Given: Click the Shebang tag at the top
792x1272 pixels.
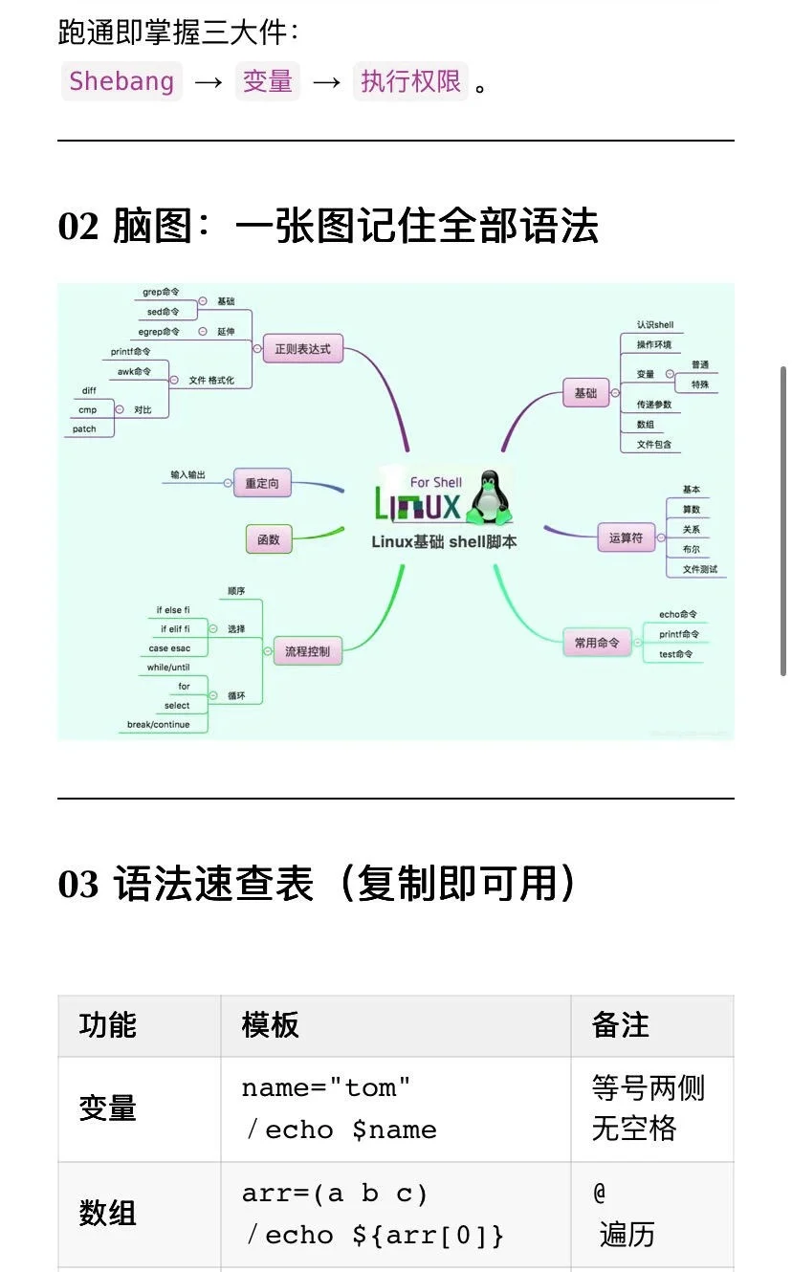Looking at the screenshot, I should click(x=121, y=81).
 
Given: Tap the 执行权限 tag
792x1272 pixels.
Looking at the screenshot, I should click(x=411, y=81).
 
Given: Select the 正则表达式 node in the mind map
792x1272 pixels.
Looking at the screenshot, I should click(x=302, y=349).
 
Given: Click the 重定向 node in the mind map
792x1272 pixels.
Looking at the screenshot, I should click(x=262, y=483).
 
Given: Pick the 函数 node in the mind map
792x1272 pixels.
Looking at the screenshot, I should click(x=269, y=539).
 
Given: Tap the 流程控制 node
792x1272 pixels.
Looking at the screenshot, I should click(x=307, y=651).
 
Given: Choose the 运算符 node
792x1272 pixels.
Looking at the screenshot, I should click(x=626, y=538).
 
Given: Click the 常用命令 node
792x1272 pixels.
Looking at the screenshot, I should click(x=596, y=643).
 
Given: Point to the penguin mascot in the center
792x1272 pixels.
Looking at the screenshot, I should click(x=491, y=497).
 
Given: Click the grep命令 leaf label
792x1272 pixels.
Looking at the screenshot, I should click(x=161, y=292).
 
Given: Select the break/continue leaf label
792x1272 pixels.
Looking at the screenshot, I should click(x=159, y=725).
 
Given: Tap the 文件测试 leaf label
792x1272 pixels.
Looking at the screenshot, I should click(x=699, y=569).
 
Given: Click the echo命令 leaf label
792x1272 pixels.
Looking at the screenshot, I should click(x=678, y=614).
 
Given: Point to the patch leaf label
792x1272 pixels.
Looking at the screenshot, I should click(x=84, y=429).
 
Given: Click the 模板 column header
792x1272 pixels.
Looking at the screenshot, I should click(x=271, y=1025).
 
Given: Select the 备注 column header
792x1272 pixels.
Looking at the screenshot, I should click(x=621, y=1025).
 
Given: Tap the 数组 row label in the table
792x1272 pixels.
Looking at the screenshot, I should click(x=107, y=1214).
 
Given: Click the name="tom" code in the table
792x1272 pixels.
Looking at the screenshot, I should click(x=326, y=1088).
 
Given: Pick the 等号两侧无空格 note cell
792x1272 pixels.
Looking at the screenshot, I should click(x=648, y=1108).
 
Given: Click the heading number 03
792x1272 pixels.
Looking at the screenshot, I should click(x=78, y=885).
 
